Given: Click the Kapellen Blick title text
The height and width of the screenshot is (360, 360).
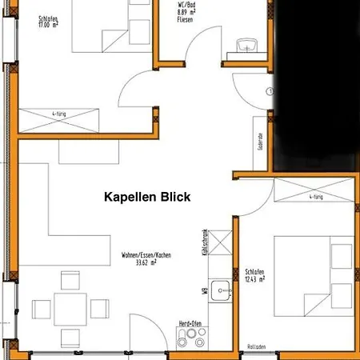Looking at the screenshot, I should tap(147, 197).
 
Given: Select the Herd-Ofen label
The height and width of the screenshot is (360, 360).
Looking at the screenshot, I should tap(190, 322).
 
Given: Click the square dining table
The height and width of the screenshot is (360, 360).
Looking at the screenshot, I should tap(70, 307).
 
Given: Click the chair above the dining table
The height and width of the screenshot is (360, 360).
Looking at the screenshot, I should tap(70, 280).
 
